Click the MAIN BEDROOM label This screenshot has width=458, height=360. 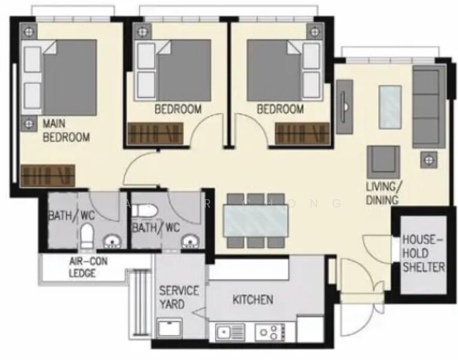(65, 131)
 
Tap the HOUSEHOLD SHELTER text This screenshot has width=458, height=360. (423, 253)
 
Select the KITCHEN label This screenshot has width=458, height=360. (253, 299)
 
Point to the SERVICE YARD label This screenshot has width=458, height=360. (178, 297)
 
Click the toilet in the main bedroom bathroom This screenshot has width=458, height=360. (87, 235)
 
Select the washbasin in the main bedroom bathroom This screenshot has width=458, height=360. (112, 242)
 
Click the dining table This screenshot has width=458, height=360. (255, 220)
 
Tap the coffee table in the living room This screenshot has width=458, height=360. (390, 107)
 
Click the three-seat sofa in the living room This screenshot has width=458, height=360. (428, 107)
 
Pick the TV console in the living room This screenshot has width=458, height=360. (345, 107)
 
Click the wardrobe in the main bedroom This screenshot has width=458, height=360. (47, 176)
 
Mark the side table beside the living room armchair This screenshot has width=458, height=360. (429, 160)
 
